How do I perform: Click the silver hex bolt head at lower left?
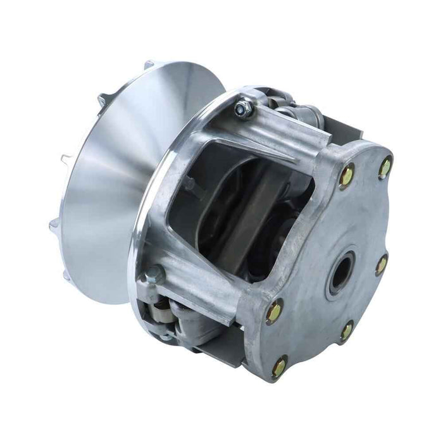tap(154, 274)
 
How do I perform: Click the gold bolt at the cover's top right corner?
tap(385, 168)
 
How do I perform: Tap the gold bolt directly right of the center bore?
tap(382, 265)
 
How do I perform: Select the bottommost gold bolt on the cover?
tap(279, 366)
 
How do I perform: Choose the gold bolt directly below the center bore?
tap(347, 330)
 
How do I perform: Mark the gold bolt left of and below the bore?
tap(275, 311)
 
